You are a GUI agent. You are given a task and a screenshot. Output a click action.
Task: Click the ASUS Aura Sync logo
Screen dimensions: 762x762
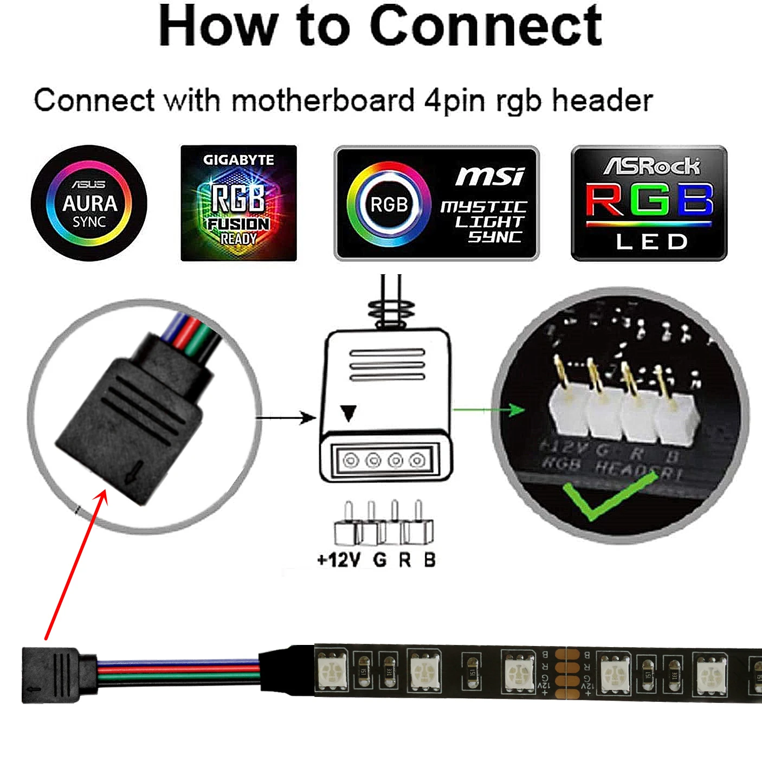pyautogui.click(x=89, y=203)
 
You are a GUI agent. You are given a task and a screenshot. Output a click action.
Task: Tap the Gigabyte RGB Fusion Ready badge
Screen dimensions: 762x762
pyautogui.click(x=238, y=203)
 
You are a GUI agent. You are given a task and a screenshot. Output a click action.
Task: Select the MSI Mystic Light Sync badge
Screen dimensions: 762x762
pyautogui.click(x=436, y=203)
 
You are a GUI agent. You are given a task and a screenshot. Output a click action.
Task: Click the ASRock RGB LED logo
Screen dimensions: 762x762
pyautogui.click(x=649, y=203)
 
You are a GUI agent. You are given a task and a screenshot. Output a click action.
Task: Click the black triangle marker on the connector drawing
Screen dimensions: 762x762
pyautogui.click(x=349, y=414)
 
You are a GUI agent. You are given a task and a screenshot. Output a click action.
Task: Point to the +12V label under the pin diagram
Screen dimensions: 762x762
pyautogui.click(x=338, y=559)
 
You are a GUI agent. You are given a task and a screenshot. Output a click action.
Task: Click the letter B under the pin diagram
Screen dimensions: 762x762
pyautogui.click(x=429, y=559)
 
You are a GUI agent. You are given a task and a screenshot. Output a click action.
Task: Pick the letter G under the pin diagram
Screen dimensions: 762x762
pyautogui.click(x=380, y=559)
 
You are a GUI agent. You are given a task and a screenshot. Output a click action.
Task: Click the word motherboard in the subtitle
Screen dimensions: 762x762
pyautogui.click(x=324, y=100)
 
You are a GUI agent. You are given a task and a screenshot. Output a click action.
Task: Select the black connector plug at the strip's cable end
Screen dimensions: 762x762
pyautogui.click(x=51, y=675)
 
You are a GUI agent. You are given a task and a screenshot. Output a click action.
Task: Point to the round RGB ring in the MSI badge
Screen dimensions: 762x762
pyautogui.click(x=389, y=204)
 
